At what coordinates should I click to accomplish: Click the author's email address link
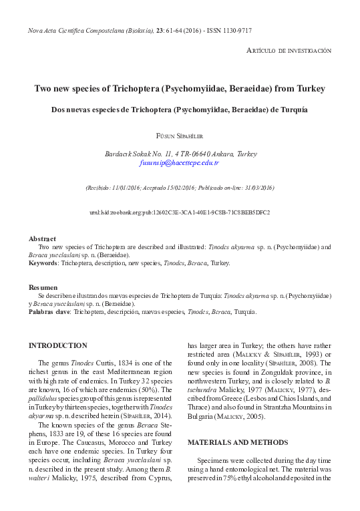180,162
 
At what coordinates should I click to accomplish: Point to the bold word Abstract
42,238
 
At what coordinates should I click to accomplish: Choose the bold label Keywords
45,263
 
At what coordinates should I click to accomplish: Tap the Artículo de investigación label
289,51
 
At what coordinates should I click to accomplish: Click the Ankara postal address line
180,153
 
